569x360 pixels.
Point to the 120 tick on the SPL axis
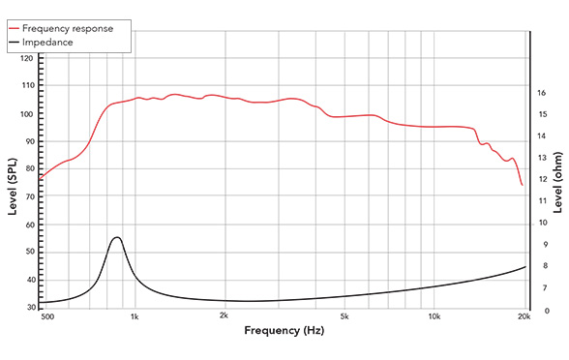[26, 59]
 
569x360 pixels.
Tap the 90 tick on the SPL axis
[26, 141]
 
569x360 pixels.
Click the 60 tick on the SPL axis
[26, 225]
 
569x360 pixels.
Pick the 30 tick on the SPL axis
[26, 307]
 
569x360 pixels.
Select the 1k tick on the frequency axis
[135, 316]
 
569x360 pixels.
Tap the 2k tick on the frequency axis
[225, 316]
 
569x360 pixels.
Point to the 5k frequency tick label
[344, 316]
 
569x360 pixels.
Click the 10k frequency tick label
[434, 316]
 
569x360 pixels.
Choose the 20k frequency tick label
[524, 316]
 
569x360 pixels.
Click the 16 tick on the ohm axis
[542, 93]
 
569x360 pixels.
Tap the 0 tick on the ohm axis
[540, 311]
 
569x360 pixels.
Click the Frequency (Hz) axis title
[284, 331]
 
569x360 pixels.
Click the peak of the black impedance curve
[117, 237]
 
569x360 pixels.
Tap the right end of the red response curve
[522, 185]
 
